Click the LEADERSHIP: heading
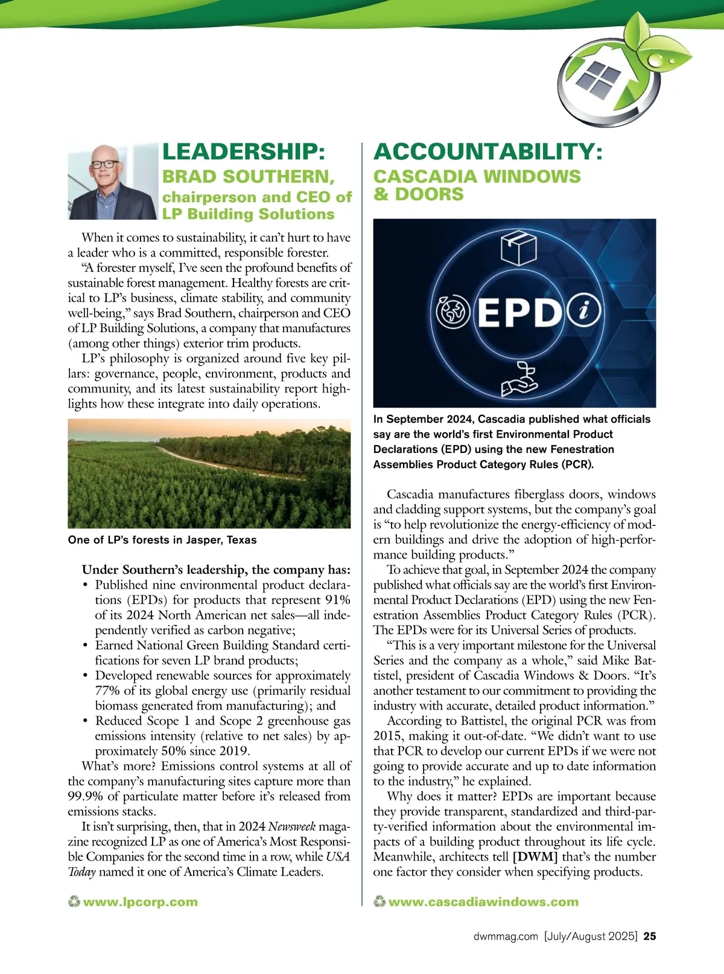244,152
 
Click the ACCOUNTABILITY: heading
487,152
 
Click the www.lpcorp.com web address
140,902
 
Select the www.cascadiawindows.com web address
483,902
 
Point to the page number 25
650,937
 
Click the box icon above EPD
518,249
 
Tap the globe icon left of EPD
453,312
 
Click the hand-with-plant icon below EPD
519,379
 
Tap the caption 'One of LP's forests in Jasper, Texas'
162,540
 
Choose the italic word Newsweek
291,827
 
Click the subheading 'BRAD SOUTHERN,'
248,177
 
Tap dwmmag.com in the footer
506,937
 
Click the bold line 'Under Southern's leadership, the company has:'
216,570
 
